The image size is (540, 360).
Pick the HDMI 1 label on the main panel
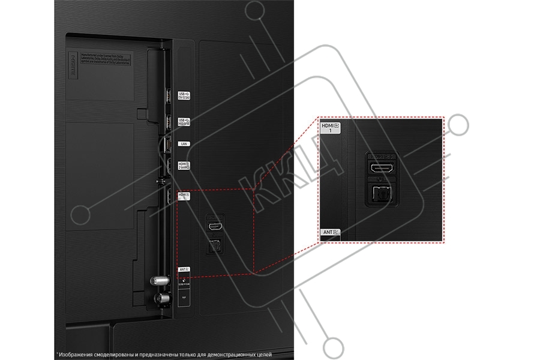184,196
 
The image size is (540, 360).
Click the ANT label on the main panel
184,270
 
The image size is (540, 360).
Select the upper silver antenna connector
159,280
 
